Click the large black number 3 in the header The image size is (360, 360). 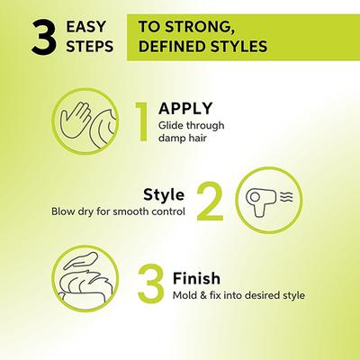pyautogui.click(x=44, y=37)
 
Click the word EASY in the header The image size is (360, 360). pyautogui.click(x=85, y=27)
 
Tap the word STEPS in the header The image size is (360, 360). pyautogui.click(x=90, y=47)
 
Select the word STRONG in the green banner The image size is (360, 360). pyautogui.click(x=200, y=27)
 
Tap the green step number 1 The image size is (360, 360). pyautogui.click(x=141, y=121)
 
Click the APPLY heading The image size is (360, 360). pyautogui.click(x=185, y=108)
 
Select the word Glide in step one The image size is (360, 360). pyautogui.click(x=170, y=125)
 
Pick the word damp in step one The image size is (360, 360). pyautogui.click(x=171, y=138)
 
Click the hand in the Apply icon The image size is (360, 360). pyautogui.click(x=75, y=120)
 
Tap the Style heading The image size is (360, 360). pyautogui.click(x=164, y=195)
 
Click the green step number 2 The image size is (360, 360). pyautogui.click(x=210, y=201)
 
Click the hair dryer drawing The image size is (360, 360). pyautogui.click(x=261, y=200)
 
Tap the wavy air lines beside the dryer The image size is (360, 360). pyautogui.click(x=286, y=197)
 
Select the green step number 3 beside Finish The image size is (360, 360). pyautogui.click(x=151, y=283)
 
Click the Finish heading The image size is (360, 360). pyautogui.click(x=196, y=278)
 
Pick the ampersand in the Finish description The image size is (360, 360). pyautogui.click(x=203, y=295)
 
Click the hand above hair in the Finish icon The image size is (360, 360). pyautogui.click(x=81, y=260)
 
